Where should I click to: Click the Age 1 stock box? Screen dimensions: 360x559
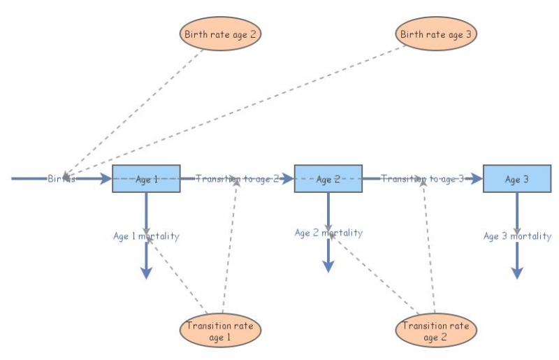(146, 179)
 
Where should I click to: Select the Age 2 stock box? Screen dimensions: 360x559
(328, 179)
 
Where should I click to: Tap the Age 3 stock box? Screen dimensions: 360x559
(517, 179)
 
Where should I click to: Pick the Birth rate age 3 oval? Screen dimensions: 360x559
(437, 33)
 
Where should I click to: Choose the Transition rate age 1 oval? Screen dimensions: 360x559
(221, 331)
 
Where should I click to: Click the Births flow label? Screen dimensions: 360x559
(61, 179)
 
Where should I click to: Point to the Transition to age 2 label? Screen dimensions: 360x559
(237, 179)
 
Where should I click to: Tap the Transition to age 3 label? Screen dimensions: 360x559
(422, 179)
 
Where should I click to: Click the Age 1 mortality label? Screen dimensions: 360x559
(146, 236)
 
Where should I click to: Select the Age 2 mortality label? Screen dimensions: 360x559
(328, 233)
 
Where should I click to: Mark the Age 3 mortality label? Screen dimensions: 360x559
(517, 236)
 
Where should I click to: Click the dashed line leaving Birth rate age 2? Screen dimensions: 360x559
(140, 105)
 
